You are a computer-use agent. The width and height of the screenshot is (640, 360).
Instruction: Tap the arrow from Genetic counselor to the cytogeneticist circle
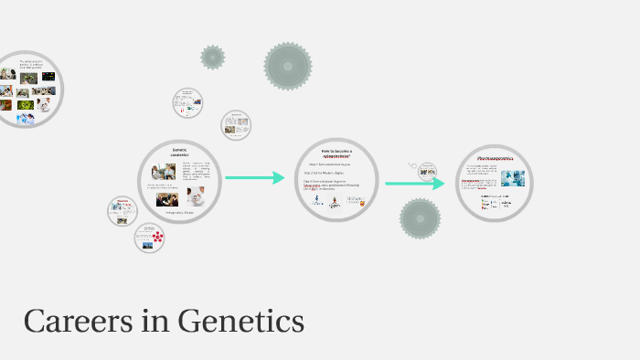coord(255,178)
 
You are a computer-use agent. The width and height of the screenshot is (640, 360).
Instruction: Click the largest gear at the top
coord(288,66)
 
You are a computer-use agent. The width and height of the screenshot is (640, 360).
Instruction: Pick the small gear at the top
coord(213,57)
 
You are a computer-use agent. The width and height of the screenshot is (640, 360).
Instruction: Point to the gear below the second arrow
coord(420,219)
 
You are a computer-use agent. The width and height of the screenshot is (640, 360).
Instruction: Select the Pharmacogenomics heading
coord(494,158)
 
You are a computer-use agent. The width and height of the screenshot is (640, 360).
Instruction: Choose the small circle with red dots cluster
coord(149,238)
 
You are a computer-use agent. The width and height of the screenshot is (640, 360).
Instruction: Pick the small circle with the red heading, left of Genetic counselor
coord(123,211)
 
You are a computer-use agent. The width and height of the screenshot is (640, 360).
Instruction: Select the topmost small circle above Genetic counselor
coord(187,102)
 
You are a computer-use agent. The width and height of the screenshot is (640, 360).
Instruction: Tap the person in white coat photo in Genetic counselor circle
coord(196,196)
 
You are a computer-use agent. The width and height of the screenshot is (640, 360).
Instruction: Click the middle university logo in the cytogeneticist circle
coord(336,202)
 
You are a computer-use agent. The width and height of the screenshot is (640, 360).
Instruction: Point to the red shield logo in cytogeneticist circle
coord(362,204)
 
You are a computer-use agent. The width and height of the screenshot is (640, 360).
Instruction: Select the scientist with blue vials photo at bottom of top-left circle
coord(27,106)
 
